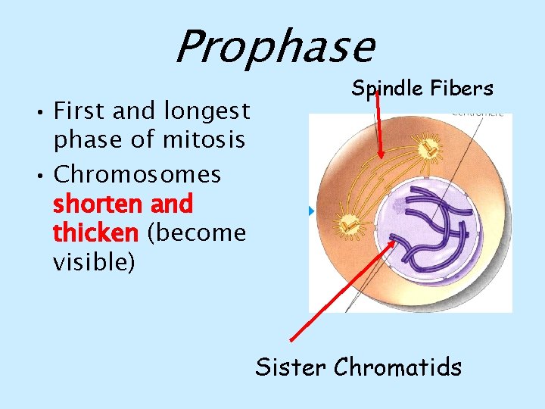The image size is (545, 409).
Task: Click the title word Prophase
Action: pos(274,47)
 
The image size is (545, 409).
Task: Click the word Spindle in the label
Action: pos(387,89)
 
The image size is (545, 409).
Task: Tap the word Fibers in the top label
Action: pos(462,89)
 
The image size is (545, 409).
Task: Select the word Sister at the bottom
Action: pos(290,367)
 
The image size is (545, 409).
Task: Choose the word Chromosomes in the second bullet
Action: pos(138,174)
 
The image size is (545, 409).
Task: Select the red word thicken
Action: pos(95,233)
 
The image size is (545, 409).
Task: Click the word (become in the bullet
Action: pos(198,233)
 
